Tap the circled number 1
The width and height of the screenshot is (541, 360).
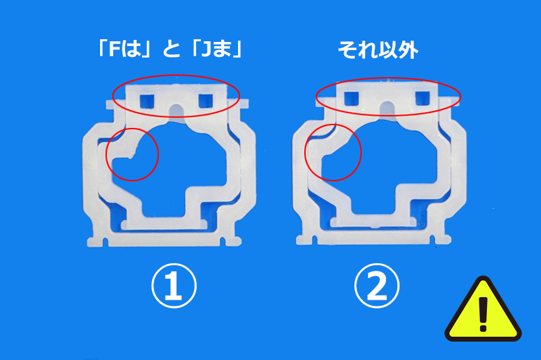[174, 286]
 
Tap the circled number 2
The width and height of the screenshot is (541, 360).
[377, 286]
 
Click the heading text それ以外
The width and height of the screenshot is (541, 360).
[378, 50]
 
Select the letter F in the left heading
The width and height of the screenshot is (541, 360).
[114, 49]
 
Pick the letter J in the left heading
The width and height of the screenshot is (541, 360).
[206, 49]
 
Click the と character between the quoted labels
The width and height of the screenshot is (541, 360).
[172, 49]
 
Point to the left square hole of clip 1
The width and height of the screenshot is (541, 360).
[147, 101]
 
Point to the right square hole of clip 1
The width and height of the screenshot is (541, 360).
[206, 101]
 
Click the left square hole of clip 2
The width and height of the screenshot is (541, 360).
[352, 98]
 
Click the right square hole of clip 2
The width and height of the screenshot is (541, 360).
[422, 98]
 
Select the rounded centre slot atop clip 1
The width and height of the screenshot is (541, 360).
[177, 110]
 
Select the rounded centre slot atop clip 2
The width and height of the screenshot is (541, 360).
[387, 108]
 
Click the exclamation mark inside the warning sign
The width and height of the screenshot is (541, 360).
[484, 314]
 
